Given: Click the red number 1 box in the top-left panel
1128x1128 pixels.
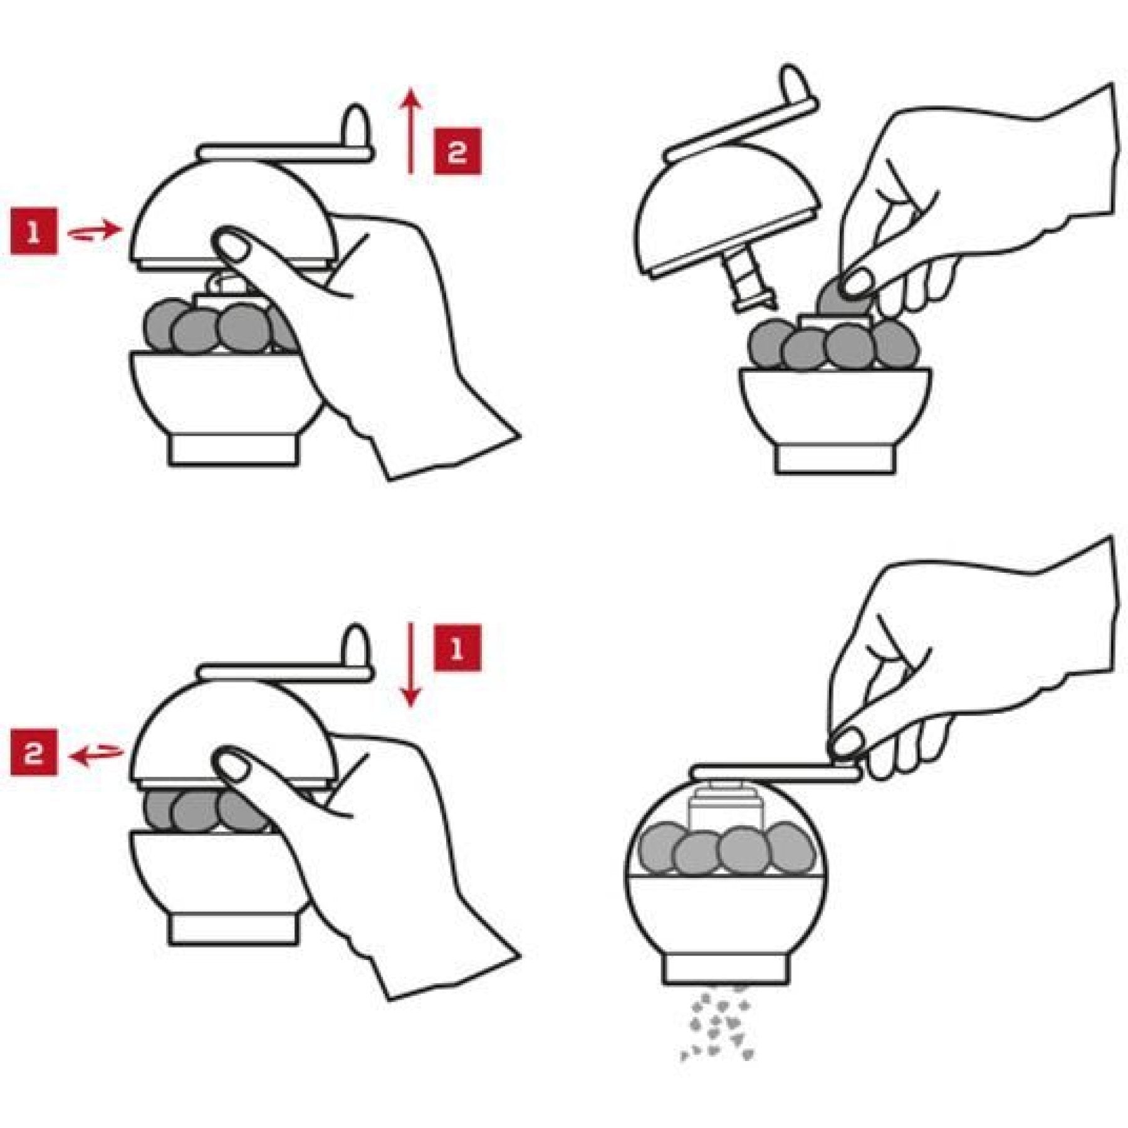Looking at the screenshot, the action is (x=34, y=232).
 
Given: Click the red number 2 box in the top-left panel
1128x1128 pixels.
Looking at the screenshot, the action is (x=457, y=151).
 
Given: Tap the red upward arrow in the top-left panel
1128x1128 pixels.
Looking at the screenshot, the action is (x=410, y=130).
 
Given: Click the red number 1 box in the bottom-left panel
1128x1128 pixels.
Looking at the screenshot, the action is (x=457, y=648).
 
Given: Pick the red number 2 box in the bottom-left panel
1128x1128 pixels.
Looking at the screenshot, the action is (x=34, y=752).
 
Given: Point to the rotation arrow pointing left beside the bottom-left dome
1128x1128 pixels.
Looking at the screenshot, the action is (x=96, y=754).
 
